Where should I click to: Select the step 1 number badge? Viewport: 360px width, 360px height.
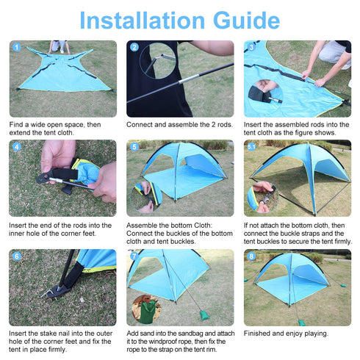16,47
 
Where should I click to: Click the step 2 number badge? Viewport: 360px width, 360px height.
134,47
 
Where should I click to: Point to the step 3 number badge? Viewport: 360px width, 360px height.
251,47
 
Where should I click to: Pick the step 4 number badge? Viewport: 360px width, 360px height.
16,146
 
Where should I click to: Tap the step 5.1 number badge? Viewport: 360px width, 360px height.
252,146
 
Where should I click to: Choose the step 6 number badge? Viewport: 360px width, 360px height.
16,256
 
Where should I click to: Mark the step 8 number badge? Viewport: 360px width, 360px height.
251,256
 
